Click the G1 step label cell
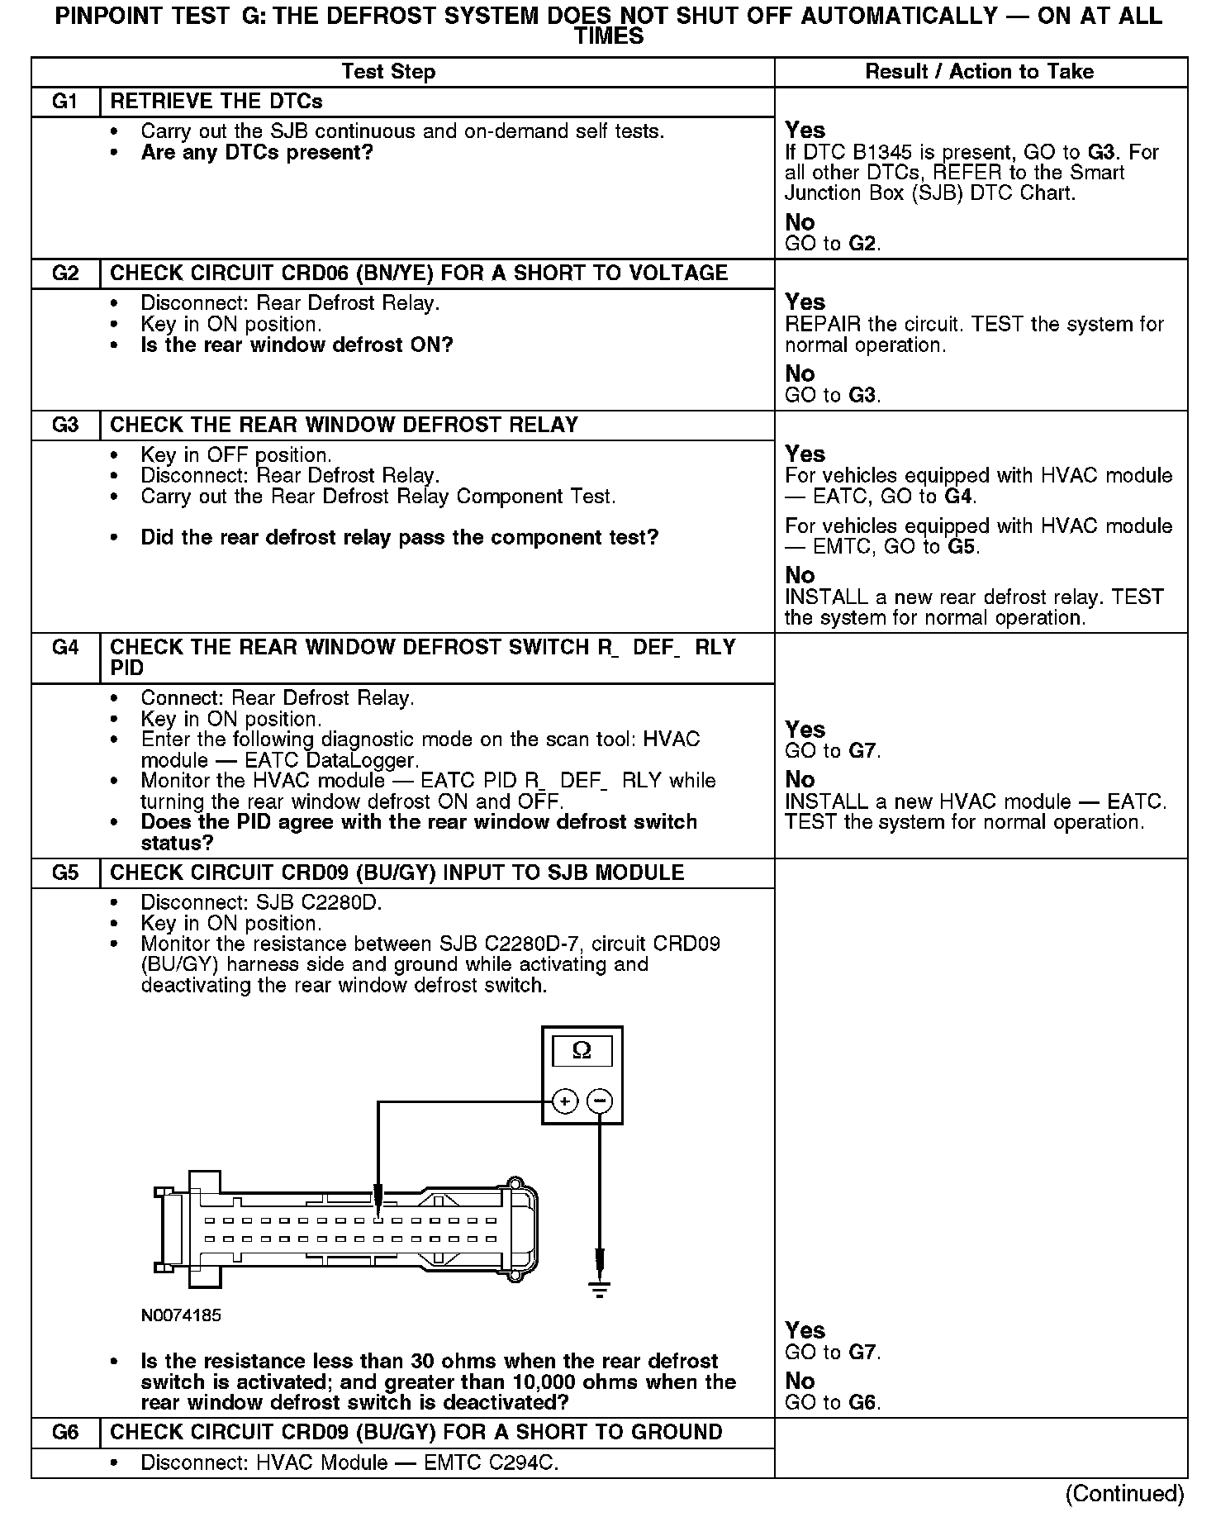click(x=65, y=102)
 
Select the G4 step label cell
click(x=65, y=647)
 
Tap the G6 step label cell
click(x=65, y=1432)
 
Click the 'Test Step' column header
click(x=388, y=72)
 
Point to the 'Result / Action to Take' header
click(x=979, y=72)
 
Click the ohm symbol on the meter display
click(x=582, y=1050)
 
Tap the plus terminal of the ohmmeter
click(x=564, y=1101)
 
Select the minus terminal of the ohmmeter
click(x=600, y=1101)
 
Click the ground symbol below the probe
click(x=600, y=1290)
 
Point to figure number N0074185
click(x=181, y=1315)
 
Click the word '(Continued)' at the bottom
click(x=1124, y=1493)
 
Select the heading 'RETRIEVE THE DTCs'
click(x=216, y=102)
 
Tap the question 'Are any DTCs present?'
click(x=257, y=152)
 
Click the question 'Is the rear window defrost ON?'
click(x=297, y=345)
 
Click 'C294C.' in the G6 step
click(x=525, y=1462)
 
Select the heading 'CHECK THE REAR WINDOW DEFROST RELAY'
click(x=344, y=425)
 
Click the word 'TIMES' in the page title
click(x=609, y=36)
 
